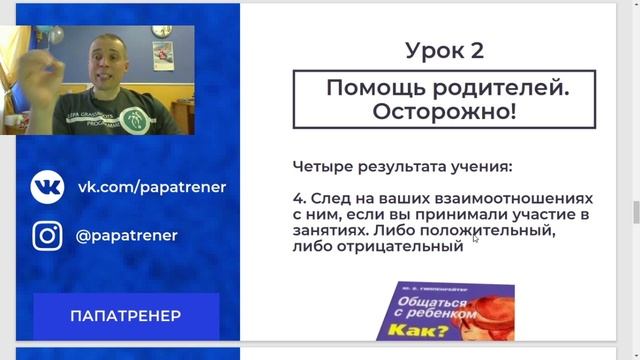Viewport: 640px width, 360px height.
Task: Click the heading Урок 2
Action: (x=447, y=50)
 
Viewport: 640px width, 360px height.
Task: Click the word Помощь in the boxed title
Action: (x=370, y=88)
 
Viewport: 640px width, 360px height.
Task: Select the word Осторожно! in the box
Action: (x=445, y=111)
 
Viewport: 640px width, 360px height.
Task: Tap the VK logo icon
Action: (x=48, y=187)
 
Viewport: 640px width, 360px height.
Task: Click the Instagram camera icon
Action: (x=48, y=236)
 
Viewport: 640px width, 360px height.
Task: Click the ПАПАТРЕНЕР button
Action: (x=126, y=316)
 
